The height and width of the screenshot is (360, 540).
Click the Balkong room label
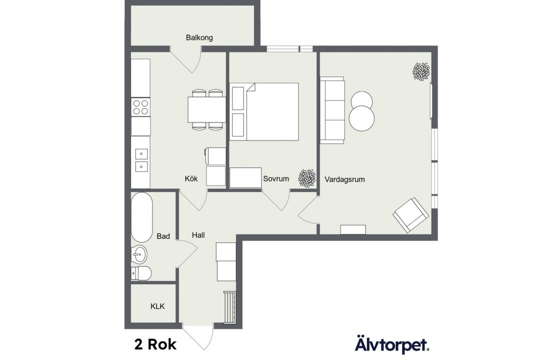pos(199,37)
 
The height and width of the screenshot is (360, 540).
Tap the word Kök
pos(191,178)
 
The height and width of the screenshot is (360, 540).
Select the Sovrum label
pos(276,179)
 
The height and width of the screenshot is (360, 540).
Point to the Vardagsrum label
pos(344,179)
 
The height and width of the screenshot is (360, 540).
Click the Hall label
pos(198,235)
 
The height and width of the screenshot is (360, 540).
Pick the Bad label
pos(163,236)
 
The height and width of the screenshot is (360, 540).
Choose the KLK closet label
pos(157,306)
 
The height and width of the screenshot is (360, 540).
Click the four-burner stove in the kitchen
pos(141,107)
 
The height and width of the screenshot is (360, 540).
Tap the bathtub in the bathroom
pos(141,217)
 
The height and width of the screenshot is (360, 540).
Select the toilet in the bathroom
pos(141,273)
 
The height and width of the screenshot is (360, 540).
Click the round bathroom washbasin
pos(139,255)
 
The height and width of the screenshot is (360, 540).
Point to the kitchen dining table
pos(206,109)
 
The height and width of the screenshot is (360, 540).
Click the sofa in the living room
pos(332,110)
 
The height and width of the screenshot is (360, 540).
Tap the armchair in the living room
pos(411,215)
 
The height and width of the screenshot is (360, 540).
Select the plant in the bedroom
pos(307,178)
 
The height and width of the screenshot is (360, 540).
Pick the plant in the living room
pos(421,71)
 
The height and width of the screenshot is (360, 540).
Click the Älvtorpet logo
pos(392,344)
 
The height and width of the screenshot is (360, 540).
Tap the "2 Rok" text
pos(155,344)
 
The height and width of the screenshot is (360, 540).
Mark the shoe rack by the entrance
pos(229,307)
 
